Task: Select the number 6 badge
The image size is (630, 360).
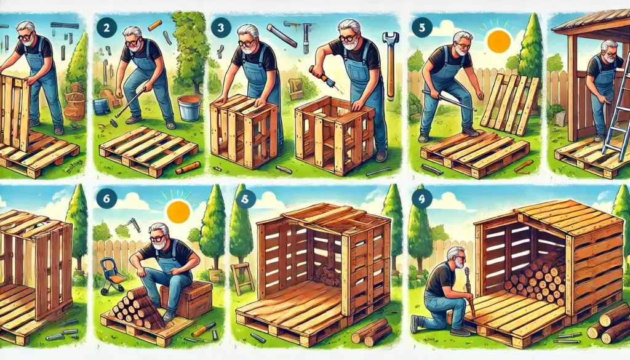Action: coord(106,198)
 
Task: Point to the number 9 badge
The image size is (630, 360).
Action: coord(422,199)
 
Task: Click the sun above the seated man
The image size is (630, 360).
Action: coord(178,212)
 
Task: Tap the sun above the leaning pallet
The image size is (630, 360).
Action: coord(498,41)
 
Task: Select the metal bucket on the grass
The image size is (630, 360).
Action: coord(189,108)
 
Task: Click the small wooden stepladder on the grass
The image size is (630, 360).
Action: coord(242,278)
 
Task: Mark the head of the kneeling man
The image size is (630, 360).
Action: coord(456,258)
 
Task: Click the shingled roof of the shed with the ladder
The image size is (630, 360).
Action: coord(591,20)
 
